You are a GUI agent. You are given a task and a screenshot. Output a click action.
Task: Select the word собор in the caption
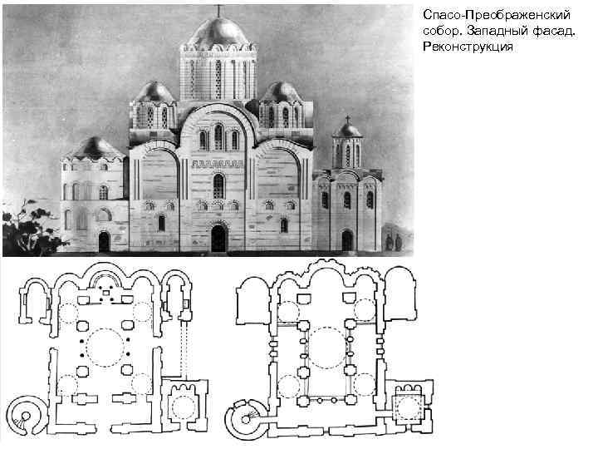[x=439, y=32]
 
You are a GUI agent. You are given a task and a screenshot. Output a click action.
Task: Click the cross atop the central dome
[x=219, y=10]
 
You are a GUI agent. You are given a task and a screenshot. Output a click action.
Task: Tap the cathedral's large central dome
[x=219, y=32]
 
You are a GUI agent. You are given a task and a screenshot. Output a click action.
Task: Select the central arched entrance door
[x=219, y=239]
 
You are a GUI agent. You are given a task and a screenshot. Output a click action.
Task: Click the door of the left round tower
[x=104, y=242]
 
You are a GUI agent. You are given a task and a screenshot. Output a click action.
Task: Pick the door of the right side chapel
[x=347, y=240]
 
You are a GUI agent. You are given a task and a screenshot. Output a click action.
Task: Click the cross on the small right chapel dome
[x=347, y=119]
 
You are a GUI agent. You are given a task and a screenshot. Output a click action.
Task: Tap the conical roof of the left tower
[x=93, y=148]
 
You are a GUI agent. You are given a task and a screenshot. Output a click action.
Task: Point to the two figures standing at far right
[x=393, y=242]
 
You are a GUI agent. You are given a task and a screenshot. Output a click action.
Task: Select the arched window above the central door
[x=219, y=185]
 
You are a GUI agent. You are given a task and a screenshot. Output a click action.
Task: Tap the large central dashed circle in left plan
[x=107, y=347]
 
